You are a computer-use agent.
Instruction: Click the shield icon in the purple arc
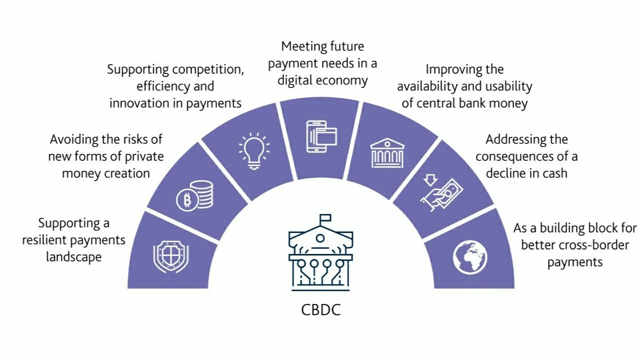(x=171, y=256)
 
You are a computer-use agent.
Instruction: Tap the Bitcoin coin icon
(x=187, y=200)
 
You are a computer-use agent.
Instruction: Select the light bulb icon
(x=254, y=151)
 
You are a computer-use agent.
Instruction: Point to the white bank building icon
(x=387, y=153)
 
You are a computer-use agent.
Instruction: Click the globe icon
(x=469, y=257)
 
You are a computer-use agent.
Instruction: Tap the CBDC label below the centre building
(x=321, y=309)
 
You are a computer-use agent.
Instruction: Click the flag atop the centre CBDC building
(x=325, y=218)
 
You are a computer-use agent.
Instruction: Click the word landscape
(x=73, y=257)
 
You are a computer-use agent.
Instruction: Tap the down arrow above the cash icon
(x=430, y=180)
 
